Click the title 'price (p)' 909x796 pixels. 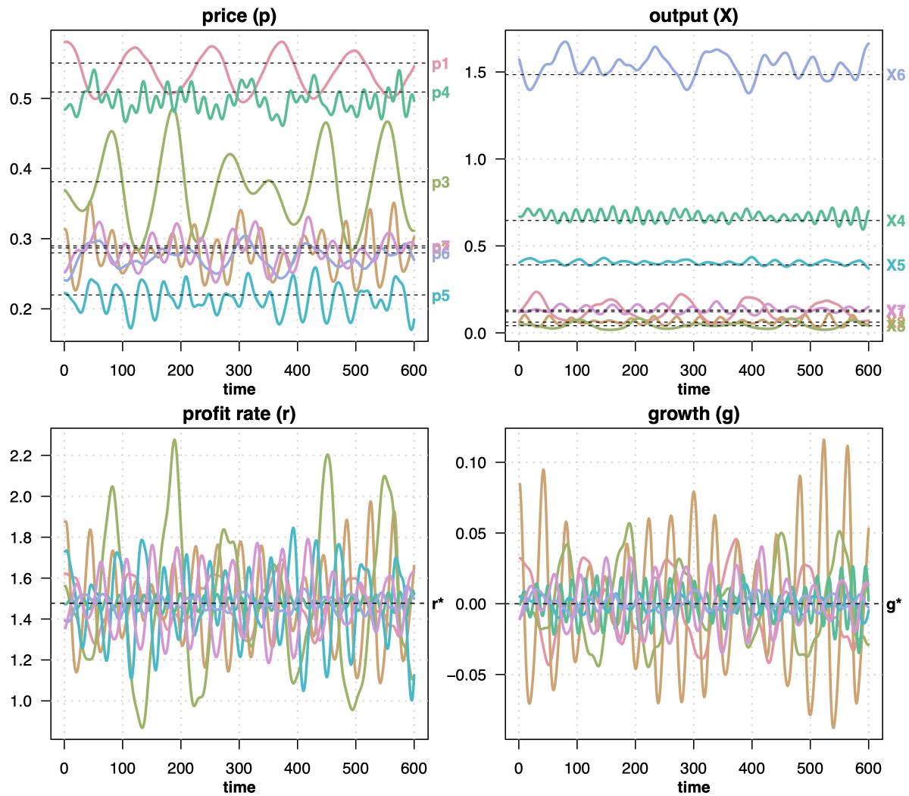pos(239,16)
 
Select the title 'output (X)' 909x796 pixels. pos(693,16)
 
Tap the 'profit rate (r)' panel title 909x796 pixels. pos(239,414)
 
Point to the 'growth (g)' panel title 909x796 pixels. pos(693,414)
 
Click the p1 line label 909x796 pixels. pos(441,64)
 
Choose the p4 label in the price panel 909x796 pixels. pos(441,93)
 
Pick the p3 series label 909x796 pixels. pos(441,183)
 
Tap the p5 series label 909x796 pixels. pos(441,296)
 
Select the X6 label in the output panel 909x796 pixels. pos(896,75)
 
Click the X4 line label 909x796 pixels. pos(896,221)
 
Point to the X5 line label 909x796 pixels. pos(896,265)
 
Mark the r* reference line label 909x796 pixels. pos(439,604)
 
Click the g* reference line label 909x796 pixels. pos(895,605)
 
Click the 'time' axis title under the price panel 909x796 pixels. pos(239,390)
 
